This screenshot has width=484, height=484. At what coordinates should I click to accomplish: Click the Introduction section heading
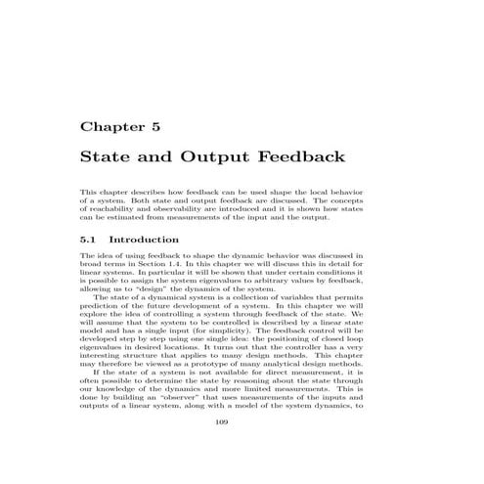(144, 239)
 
